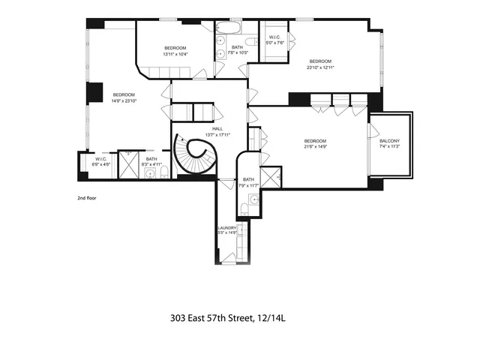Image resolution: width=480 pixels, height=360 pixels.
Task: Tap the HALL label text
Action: (217, 128)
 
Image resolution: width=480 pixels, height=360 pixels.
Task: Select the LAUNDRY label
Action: (227, 227)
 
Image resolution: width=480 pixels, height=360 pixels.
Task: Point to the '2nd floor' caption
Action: (88, 199)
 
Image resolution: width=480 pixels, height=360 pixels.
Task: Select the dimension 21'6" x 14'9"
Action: (315, 147)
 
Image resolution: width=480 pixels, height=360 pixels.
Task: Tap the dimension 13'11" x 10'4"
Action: (175, 54)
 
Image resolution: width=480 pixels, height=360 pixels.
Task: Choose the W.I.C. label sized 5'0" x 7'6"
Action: (271, 42)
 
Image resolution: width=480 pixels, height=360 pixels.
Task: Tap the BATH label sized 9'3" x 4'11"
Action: (151, 163)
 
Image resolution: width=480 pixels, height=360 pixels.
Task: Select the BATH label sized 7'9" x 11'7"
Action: (248, 184)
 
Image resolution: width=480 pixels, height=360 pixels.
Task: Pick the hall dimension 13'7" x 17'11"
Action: (217, 133)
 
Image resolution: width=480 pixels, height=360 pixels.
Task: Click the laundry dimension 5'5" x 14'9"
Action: (227, 232)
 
